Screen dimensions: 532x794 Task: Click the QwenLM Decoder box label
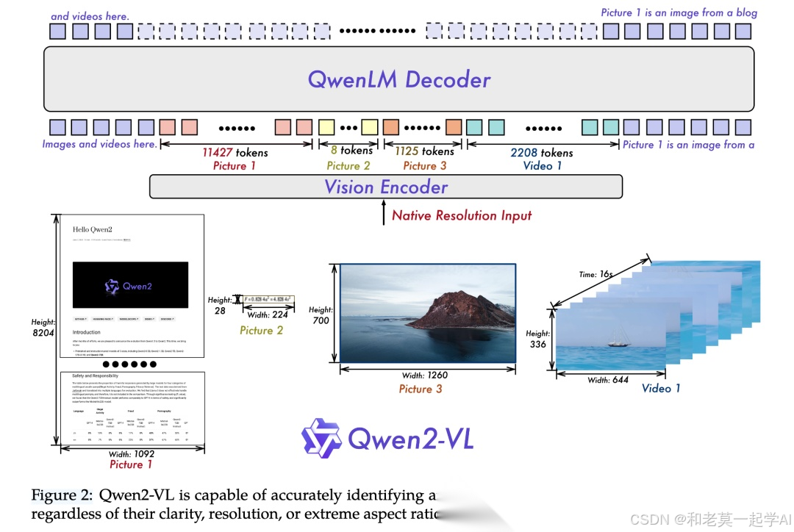click(x=398, y=79)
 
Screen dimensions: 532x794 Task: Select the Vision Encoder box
click(x=386, y=187)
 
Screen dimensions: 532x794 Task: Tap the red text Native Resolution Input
click(x=461, y=215)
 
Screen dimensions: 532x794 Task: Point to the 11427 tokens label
click(x=235, y=153)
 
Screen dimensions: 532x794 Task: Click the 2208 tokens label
click(x=541, y=153)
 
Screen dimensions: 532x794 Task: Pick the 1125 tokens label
click(x=424, y=151)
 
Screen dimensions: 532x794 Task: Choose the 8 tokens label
click(x=351, y=151)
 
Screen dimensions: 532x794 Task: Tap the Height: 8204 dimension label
click(x=43, y=328)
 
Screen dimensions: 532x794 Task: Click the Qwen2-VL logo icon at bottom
click(x=322, y=438)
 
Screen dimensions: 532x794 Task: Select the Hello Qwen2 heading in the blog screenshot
click(x=92, y=230)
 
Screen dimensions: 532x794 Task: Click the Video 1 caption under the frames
click(x=661, y=388)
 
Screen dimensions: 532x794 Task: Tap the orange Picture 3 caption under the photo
click(x=421, y=389)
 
